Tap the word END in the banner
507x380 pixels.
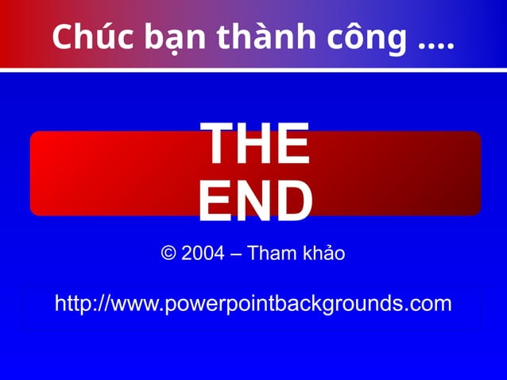pyautogui.click(x=254, y=200)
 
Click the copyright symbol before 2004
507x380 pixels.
pyautogui.click(x=168, y=254)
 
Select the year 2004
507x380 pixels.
pyautogui.click(x=203, y=254)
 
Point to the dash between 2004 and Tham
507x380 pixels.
pyautogui.click(x=236, y=255)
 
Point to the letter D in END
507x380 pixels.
pyautogui.click(x=292, y=200)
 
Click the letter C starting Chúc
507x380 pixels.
pyautogui.click(x=62, y=37)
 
